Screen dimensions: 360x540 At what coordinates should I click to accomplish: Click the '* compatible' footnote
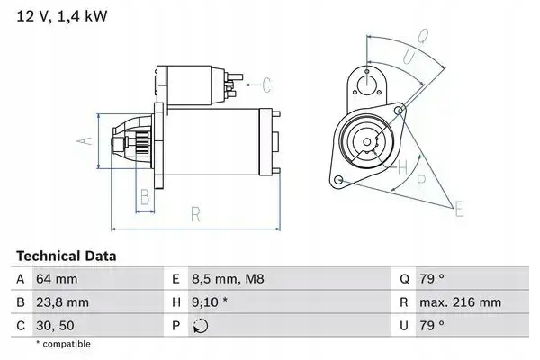(x=63, y=344)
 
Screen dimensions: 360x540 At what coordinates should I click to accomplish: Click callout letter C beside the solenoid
(x=266, y=85)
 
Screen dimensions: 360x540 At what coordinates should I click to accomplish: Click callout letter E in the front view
(x=461, y=210)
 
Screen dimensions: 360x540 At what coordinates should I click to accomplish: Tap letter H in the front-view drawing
(x=402, y=166)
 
